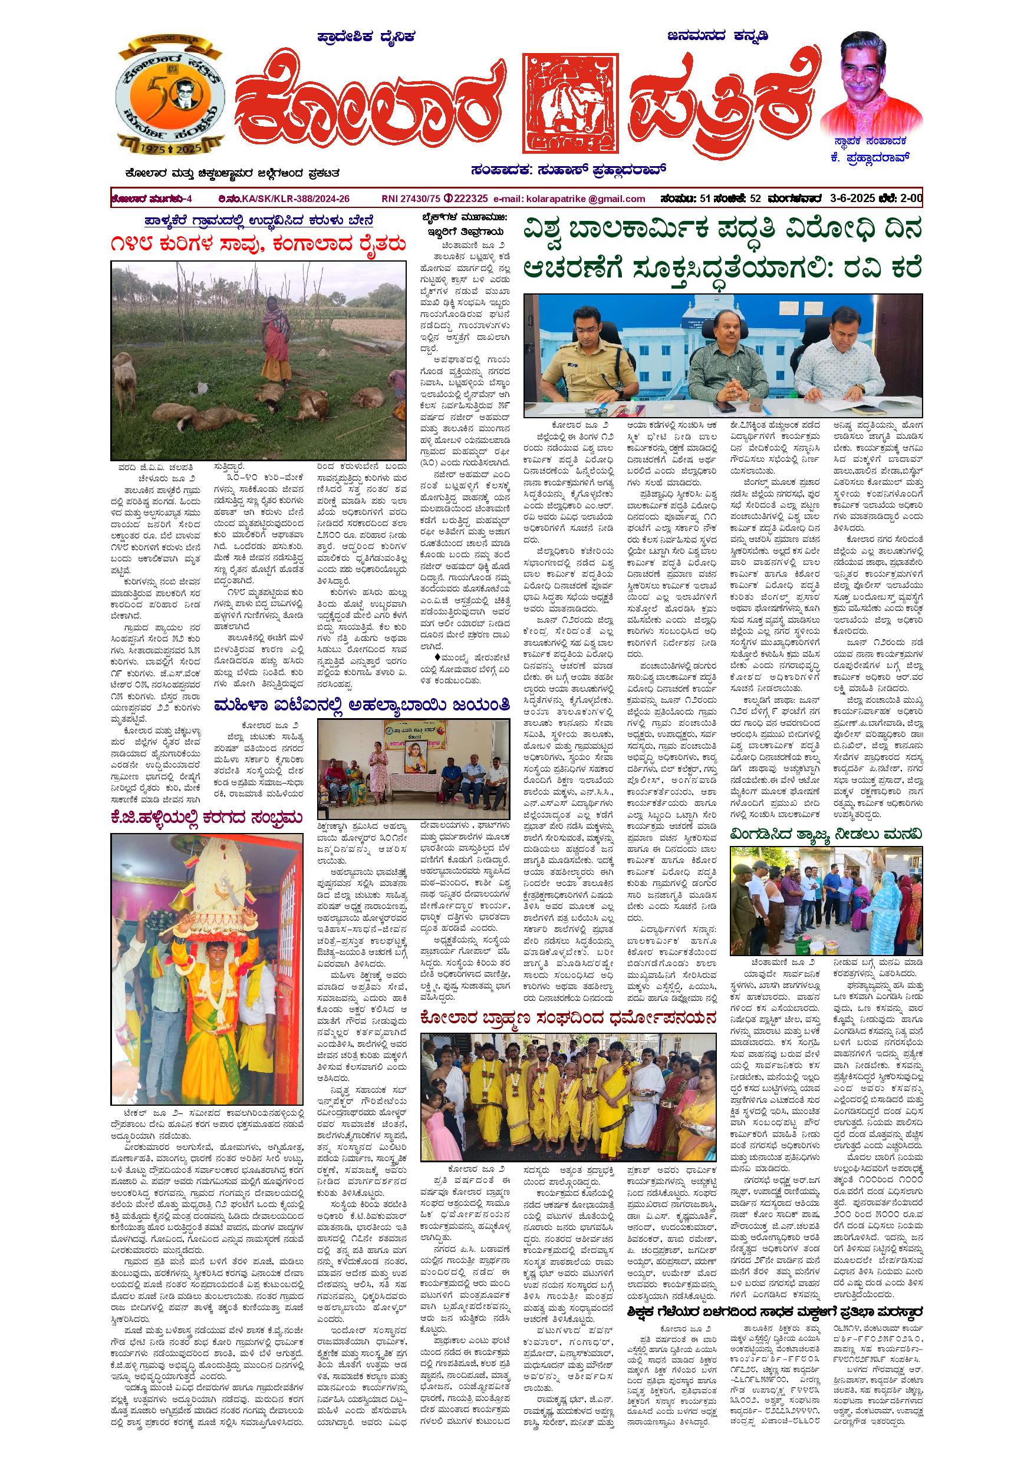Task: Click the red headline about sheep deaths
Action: pos(258,245)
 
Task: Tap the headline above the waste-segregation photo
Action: pos(826,834)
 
